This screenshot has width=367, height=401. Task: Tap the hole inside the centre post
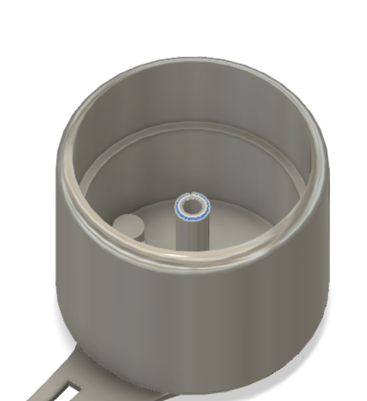(192, 206)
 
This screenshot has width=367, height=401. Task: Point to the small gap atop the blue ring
(193, 194)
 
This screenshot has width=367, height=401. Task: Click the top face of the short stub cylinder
(126, 223)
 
